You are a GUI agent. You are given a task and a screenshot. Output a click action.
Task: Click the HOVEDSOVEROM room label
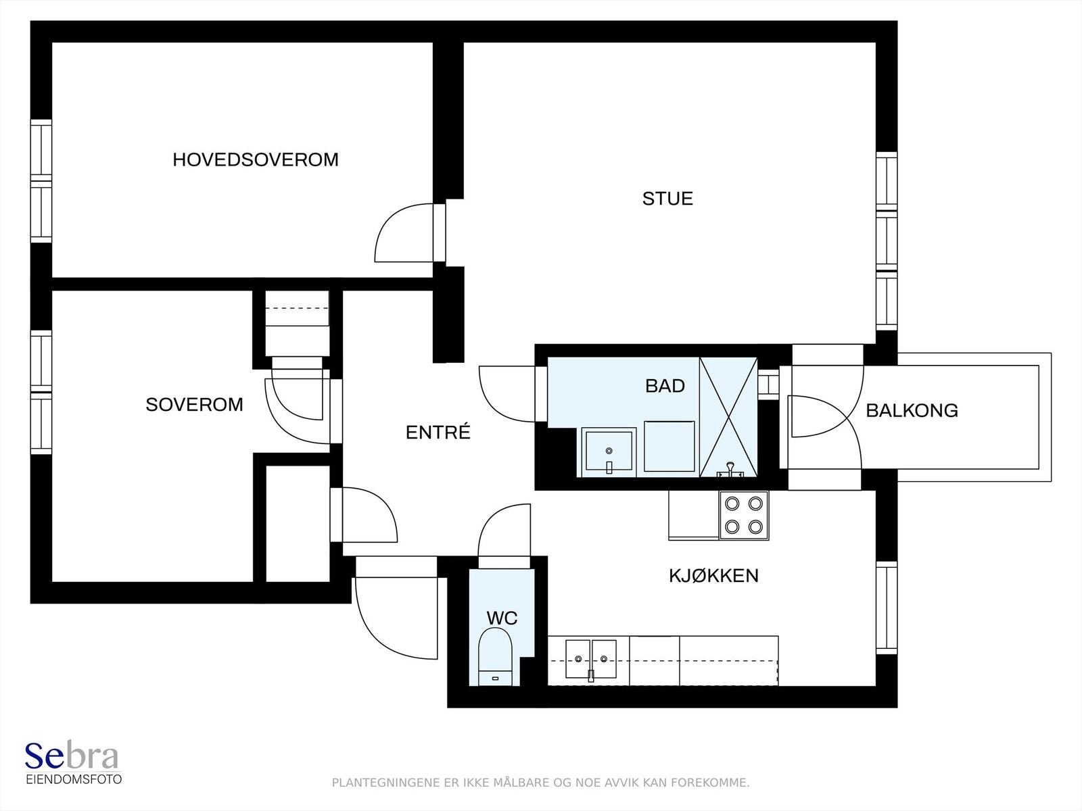256,159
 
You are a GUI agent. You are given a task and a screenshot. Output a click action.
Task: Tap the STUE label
667,199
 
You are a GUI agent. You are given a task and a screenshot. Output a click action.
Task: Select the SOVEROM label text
194,404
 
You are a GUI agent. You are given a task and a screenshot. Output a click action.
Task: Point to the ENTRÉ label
438,432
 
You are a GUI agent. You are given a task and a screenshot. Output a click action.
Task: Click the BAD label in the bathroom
665,385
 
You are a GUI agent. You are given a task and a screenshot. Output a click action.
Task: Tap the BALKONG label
912,410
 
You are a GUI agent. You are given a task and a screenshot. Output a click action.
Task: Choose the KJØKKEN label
713,575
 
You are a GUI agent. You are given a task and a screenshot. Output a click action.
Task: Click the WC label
502,618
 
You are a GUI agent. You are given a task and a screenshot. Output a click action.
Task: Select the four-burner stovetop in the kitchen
744,515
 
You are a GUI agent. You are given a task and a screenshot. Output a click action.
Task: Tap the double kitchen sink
590,660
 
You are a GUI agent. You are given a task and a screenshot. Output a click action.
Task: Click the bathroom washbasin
609,452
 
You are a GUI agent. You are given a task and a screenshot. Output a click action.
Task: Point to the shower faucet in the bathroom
730,470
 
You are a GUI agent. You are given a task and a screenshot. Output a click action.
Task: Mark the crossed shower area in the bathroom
728,417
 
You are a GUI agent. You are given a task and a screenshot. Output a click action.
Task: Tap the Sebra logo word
72,756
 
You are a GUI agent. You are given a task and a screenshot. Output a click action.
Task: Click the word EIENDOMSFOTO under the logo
74,779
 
